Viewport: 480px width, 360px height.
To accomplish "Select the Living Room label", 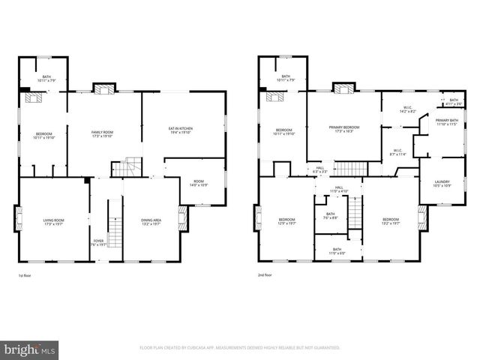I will [x=53, y=221].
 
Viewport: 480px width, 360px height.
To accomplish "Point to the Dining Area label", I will [x=151, y=221].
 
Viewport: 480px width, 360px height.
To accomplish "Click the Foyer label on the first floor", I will [x=99, y=242].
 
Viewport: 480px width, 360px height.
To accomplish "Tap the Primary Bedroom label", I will [x=344, y=129].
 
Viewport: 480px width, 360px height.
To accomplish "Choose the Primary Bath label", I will [x=447, y=121].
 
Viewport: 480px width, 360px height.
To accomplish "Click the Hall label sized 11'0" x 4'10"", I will [x=339, y=189].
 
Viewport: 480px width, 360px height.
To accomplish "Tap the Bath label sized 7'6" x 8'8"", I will [x=329, y=217].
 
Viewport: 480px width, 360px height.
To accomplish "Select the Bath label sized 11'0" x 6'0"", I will [x=337, y=250].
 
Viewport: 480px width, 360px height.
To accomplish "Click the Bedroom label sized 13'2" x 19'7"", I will [x=391, y=221].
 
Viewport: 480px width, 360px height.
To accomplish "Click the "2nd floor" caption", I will [x=265, y=277].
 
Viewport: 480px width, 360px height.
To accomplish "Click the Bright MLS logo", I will [x=30, y=349].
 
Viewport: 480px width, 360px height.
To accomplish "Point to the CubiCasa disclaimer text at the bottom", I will [x=240, y=348].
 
